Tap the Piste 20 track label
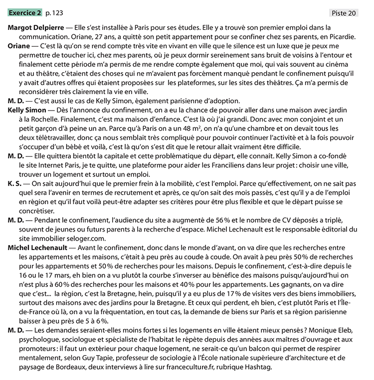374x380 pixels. pos(344,13)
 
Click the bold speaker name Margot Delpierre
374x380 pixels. pos(36,28)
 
